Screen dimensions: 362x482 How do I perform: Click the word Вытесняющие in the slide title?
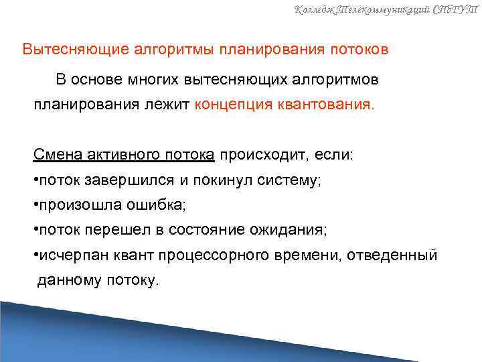click(69, 50)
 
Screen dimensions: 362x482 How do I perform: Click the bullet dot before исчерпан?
click(36, 255)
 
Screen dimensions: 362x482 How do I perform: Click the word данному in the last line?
click(68, 280)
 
